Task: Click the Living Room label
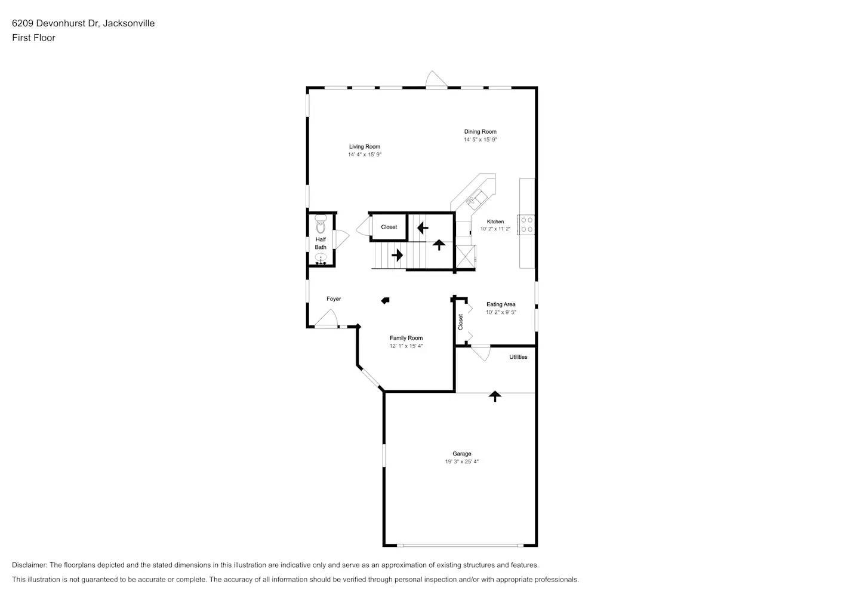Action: point(364,146)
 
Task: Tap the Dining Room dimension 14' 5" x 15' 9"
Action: point(480,140)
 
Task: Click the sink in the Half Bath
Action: point(321,259)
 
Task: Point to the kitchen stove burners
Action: point(526,224)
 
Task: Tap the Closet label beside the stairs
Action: point(389,227)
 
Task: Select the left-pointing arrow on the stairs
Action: point(423,227)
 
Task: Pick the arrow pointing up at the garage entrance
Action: point(494,395)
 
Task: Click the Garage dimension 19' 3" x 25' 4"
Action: point(461,461)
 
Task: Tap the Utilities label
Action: point(518,357)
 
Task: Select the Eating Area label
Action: point(501,304)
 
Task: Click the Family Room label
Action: point(406,338)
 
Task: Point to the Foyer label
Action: point(334,299)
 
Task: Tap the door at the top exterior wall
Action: point(436,81)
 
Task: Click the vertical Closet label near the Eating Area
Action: point(460,322)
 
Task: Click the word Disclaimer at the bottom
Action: point(29,565)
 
